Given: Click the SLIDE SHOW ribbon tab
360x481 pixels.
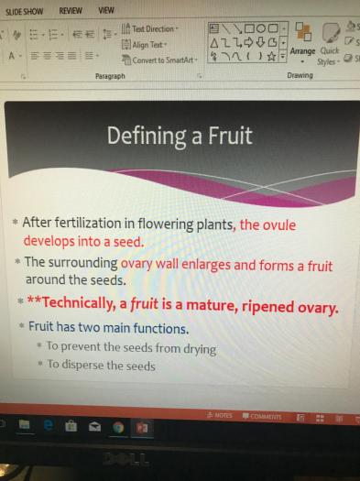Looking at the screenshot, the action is [24, 11].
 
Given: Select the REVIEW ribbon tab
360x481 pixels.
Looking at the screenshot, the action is [71, 11].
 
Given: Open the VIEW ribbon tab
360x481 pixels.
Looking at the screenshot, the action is [106, 10].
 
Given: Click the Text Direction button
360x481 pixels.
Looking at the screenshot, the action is [150, 28].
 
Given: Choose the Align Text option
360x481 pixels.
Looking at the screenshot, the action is [144, 45].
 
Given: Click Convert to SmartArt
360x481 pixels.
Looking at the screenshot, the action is [159, 60].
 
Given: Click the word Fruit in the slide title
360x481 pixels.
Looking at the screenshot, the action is [230, 136].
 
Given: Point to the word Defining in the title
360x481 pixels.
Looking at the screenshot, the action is [147, 137].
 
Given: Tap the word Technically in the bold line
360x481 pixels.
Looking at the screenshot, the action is [78, 303].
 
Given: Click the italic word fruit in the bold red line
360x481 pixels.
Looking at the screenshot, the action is [144, 304].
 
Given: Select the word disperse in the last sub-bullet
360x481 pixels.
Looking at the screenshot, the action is [82, 365].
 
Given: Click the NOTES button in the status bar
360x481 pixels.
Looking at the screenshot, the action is [220, 415].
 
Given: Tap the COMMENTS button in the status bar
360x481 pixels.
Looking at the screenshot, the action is [262, 416].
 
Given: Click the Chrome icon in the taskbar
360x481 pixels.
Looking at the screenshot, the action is [118, 427].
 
